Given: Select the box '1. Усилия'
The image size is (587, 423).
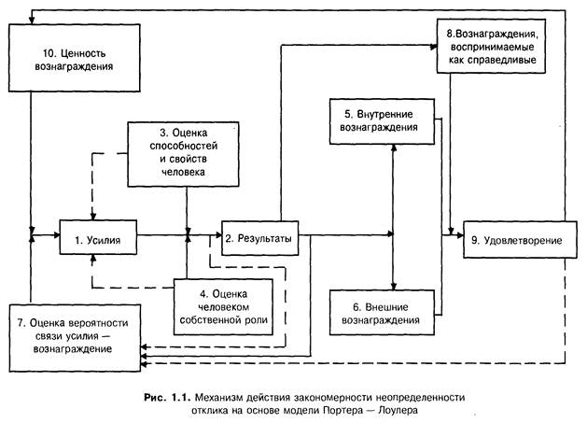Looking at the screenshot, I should [x=99, y=240].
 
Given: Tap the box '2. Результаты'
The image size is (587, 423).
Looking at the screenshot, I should [x=259, y=239].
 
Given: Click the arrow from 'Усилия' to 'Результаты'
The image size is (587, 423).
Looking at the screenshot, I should [x=177, y=240].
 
